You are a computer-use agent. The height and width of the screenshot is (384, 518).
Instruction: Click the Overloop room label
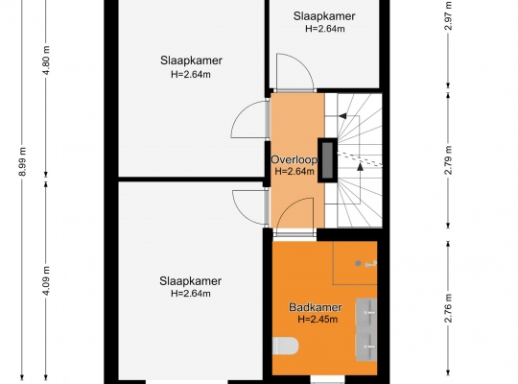pyautogui.click(x=294, y=159)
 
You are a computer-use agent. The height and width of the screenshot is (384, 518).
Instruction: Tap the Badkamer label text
pyautogui.click(x=316, y=307)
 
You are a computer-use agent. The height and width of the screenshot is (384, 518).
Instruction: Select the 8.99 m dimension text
pyautogui.click(x=22, y=161)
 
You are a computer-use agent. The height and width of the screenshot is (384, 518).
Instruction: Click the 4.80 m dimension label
pyautogui.click(x=46, y=60)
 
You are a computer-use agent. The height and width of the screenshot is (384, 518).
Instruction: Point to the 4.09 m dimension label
pyautogui.click(x=46, y=280)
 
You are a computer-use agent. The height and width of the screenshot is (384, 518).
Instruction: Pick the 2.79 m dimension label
pyautogui.click(x=448, y=160)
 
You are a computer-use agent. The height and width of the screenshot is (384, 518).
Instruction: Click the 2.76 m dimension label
pyautogui.click(x=448, y=307)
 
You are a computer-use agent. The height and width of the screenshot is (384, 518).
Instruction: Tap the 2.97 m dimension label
pyautogui.click(x=448, y=15)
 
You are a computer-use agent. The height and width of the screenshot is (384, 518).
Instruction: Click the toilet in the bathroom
pyautogui.click(x=286, y=346)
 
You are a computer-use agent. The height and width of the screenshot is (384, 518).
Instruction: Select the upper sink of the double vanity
pyautogui.click(x=366, y=313)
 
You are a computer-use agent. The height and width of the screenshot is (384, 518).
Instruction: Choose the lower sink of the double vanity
pyautogui.click(x=366, y=347)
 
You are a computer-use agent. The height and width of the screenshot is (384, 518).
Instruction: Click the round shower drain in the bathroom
pyautogui.click(x=358, y=263)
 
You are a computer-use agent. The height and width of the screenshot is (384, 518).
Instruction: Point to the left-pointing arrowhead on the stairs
pyautogui.click(x=342, y=116)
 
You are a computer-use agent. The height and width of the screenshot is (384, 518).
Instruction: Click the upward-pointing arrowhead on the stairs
pyautogui.click(x=361, y=167)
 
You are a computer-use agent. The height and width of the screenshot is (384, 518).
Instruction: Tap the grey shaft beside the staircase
pyautogui.click(x=327, y=160)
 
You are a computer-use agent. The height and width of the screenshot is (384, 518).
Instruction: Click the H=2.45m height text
pyautogui.click(x=318, y=319)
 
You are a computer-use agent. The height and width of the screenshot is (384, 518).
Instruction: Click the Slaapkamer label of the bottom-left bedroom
pyautogui.click(x=190, y=281)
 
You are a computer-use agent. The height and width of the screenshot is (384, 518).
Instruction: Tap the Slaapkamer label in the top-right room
pyautogui.click(x=324, y=16)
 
